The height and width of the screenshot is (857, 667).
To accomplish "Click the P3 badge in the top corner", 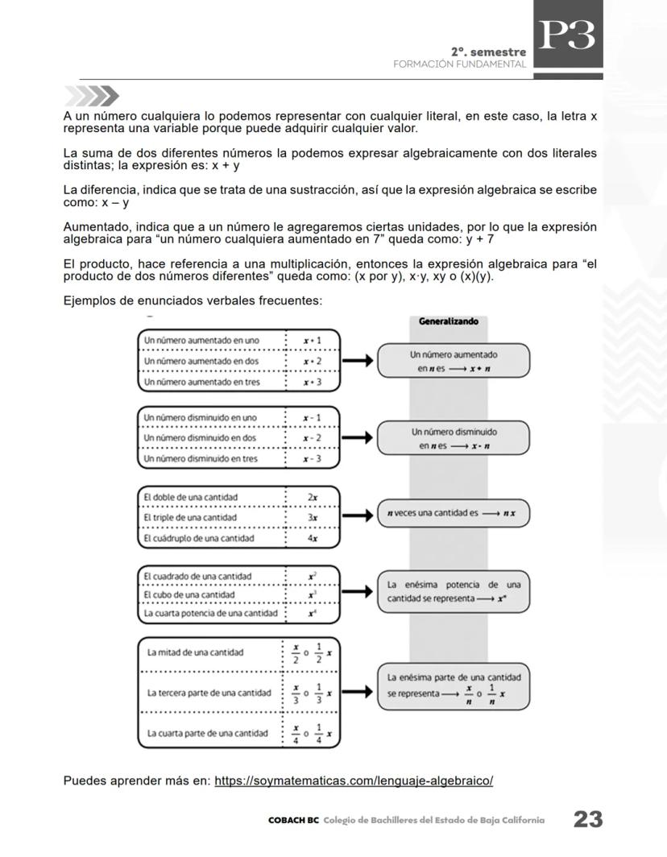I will pos(567,36).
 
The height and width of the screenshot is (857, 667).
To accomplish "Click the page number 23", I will pos(587,820).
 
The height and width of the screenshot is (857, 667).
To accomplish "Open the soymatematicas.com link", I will pos(354,780).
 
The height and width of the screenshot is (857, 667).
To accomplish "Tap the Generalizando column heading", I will pos(448,321).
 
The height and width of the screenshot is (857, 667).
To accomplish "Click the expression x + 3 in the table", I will pos(312,382).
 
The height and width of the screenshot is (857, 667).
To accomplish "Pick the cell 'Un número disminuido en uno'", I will pos(200,418).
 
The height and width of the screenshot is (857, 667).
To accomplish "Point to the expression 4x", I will pos(312,538).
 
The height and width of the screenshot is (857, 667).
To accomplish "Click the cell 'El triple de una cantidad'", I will pos(190,517).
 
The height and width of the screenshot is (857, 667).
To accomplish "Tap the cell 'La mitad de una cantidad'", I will pos(194,652).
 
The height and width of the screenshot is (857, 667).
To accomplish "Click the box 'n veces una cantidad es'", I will pos(453,513).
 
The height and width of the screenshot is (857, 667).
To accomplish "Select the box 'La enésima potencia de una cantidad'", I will pos(453,592).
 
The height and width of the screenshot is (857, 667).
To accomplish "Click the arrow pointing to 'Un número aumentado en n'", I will pos(358,362).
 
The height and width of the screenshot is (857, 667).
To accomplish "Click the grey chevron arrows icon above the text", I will pos(91,97).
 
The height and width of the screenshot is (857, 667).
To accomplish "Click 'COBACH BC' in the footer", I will pos(294,821).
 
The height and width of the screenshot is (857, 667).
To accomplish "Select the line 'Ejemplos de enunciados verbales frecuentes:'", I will pos(193,301).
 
